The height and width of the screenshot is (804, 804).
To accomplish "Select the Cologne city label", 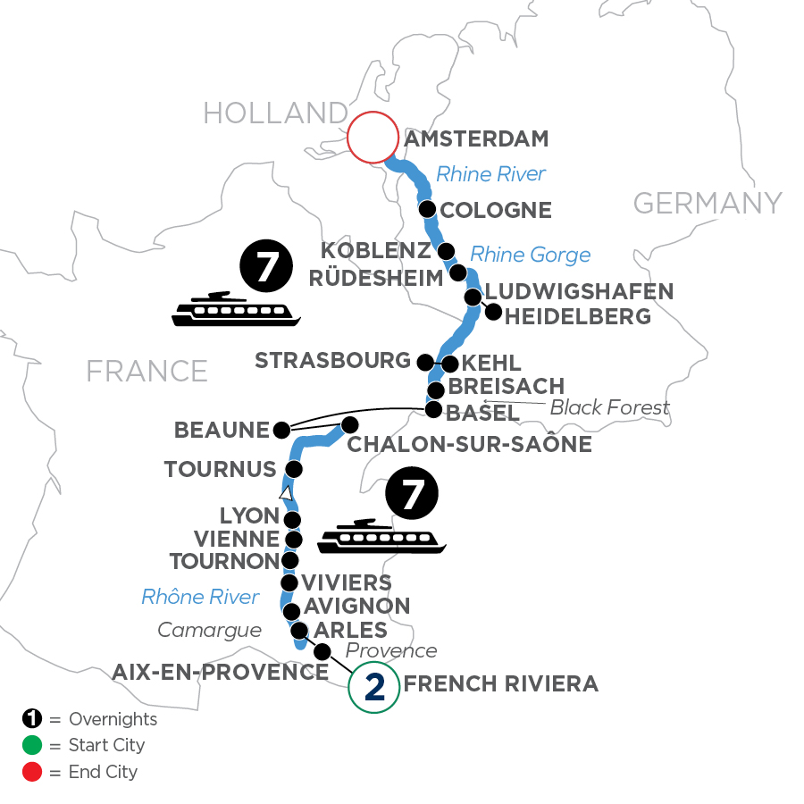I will coord(498,211).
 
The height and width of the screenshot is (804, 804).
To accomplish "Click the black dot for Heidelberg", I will coord(492,312).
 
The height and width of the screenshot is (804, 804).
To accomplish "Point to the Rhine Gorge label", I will coord(530,255).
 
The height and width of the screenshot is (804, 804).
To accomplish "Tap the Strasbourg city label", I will coord(332,361).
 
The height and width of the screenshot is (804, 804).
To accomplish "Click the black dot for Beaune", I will coord(281,430).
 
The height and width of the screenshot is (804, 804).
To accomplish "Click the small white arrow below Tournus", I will coord(285,493).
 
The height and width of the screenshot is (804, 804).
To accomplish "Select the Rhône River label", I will coord(200,597).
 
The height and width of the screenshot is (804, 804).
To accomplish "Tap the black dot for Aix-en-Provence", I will coord(322,651).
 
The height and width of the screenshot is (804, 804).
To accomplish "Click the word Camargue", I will coord(209,630).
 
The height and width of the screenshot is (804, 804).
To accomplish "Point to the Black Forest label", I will coord(609,408).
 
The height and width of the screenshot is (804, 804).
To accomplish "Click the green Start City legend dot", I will coord(31,745).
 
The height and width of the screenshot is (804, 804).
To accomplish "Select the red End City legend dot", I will coord(31,772).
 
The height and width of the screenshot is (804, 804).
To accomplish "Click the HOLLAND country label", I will coord(274,113).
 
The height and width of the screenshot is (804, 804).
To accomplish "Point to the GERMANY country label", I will coord(708,203).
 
